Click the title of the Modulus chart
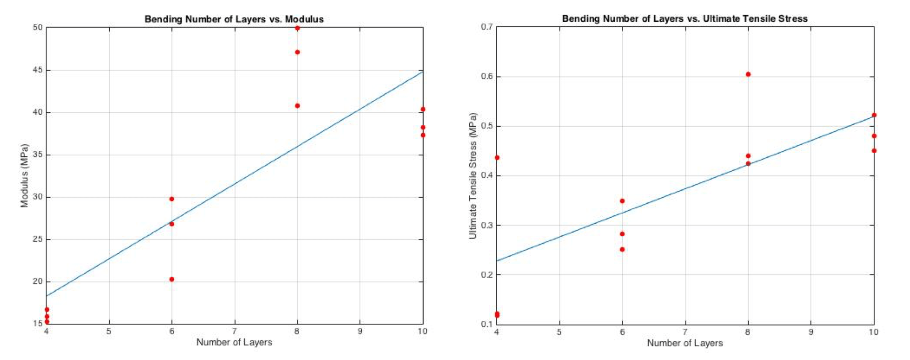[234, 19]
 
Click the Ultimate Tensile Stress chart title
[685, 19]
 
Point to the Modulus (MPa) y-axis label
[25, 176]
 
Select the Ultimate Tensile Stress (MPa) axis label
[472, 176]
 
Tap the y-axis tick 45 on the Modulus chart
[38, 70]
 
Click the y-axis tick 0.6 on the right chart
[486, 76]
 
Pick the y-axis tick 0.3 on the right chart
[486, 225]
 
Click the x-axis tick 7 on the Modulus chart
[234, 331]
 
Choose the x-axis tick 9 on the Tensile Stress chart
[811, 332]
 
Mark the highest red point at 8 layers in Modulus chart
[297, 28]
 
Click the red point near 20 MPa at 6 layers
[172, 279]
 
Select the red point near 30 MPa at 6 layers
[172, 199]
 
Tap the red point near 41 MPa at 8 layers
[297, 105]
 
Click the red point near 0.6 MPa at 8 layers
[748, 74]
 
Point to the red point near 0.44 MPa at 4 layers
[497, 158]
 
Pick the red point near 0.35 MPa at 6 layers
[622, 201]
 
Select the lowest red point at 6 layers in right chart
[622, 249]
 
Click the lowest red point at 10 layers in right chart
[874, 150]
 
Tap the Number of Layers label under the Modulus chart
[234, 342]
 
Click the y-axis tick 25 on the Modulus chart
[38, 239]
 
